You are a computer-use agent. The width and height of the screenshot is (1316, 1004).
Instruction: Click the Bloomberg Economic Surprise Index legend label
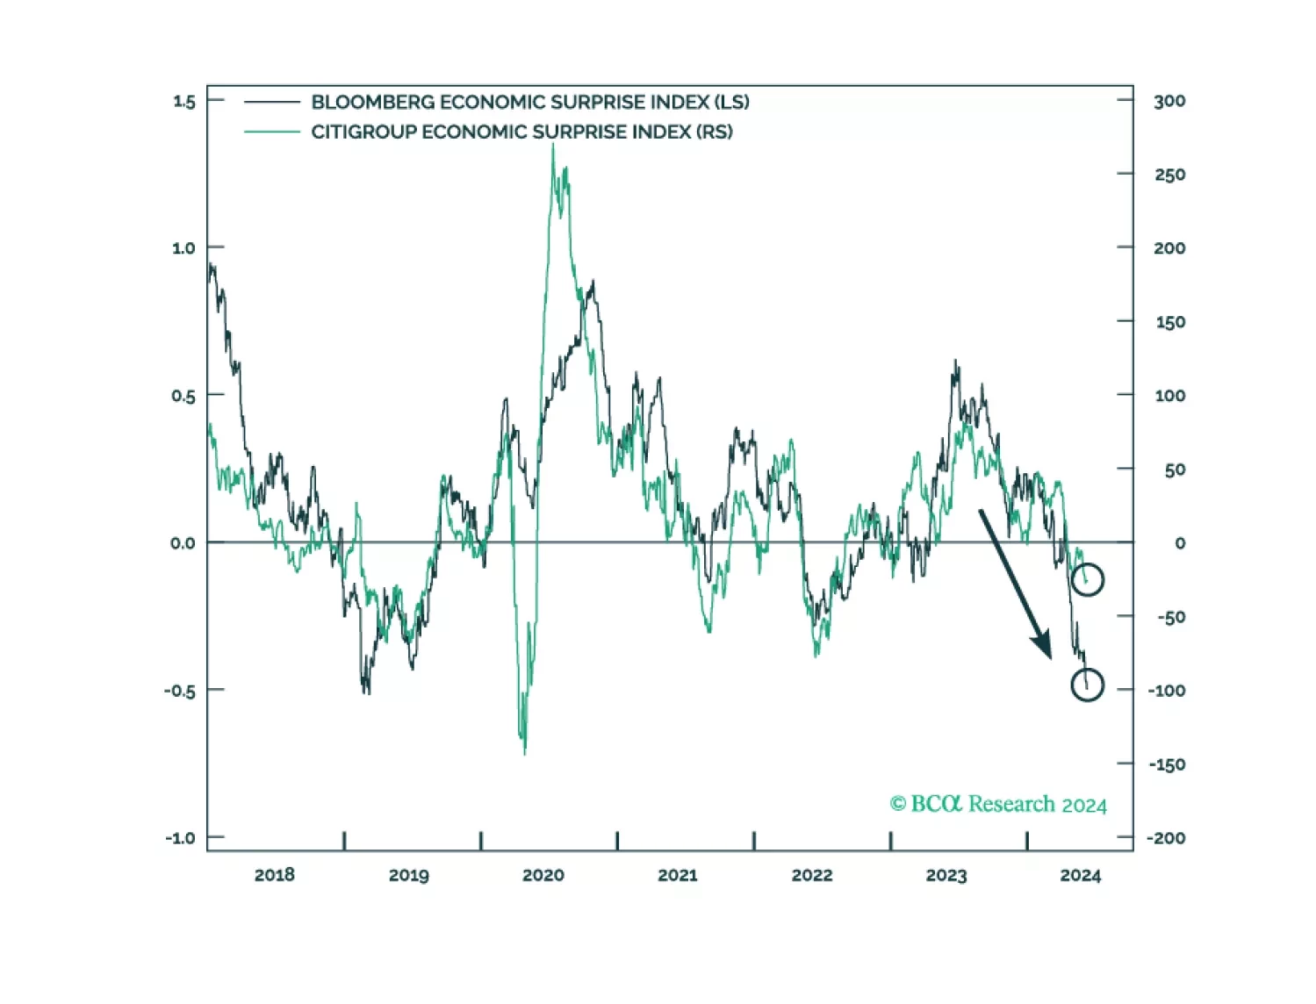pyautogui.click(x=530, y=102)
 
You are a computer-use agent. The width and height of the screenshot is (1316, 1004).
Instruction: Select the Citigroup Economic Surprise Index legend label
pyautogui.click(x=521, y=132)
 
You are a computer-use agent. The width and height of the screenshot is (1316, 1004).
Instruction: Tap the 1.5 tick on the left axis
pyautogui.click(x=184, y=101)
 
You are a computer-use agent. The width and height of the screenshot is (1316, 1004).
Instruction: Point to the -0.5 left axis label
pyautogui.click(x=180, y=691)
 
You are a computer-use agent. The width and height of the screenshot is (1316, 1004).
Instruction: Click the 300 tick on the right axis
pyautogui.click(x=1169, y=101)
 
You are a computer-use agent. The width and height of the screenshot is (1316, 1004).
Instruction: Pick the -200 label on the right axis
pyautogui.click(x=1166, y=838)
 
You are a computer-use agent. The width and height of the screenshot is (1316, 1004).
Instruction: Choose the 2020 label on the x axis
pyautogui.click(x=543, y=875)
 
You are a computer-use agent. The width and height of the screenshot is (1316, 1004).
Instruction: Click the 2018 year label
pyautogui.click(x=275, y=875)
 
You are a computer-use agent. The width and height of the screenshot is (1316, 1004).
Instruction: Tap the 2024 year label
pyautogui.click(x=1080, y=875)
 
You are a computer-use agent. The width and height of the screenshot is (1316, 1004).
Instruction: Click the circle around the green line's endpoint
pyautogui.click(x=1088, y=579)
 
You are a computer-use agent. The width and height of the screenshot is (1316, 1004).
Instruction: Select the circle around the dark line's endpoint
pyautogui.click(x=1088, y=685)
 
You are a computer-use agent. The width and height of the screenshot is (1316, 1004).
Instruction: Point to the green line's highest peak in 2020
pyautogui.click(x=553, y=146)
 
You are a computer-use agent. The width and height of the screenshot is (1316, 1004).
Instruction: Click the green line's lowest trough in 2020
pyautogui.click(x=525, y=752)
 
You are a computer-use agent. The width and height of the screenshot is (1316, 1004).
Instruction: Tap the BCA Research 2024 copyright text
pyautogui.click(x=998, y=804)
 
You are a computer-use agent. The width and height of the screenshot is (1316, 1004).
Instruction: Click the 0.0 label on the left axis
pyautogui.click(x=183, y=543)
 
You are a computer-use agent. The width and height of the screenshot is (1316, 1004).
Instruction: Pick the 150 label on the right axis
pyautogui.click(x=1169, y=322)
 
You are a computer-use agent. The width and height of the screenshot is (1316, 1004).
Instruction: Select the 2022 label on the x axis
pyautogui.click(x=812, y=875)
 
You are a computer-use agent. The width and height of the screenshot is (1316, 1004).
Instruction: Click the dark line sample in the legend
pyautogui.click(x=272, y=102)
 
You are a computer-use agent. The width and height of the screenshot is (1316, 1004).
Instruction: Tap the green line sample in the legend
pyautogui.click(x=272, y=132)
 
